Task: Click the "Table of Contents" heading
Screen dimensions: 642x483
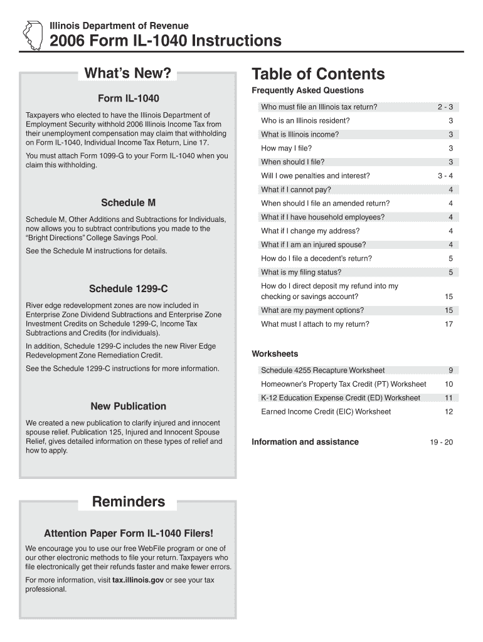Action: coord(318,75)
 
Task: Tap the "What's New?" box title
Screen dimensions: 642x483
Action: coord(127,74)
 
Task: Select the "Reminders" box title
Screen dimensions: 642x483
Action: coord(129,502)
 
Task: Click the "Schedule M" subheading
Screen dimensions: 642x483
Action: coord(128,203)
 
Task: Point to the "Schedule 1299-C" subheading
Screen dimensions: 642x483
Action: coord(128,289)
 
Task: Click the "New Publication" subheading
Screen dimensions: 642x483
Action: coord(128,406)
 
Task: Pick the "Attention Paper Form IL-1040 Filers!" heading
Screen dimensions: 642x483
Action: coord(128,534)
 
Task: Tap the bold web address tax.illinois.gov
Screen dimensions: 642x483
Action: coord(138,580)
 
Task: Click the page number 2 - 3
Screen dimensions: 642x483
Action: coord(445,107)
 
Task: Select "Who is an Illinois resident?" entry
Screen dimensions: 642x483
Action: coord(305,121)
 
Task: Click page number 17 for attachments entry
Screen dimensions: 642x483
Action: coord(449,324)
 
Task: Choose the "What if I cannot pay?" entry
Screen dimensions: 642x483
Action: coord(296,190)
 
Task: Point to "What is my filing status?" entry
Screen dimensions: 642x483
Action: coord(301,272)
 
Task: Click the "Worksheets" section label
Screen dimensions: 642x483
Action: coord(275,354)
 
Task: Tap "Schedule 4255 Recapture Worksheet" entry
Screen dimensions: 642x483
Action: coord(322,371)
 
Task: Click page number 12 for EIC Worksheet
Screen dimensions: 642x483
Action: coord(449,412)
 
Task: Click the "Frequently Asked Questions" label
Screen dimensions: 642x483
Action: coord(307,91)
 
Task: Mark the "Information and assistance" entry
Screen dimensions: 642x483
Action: coord(305,442)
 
